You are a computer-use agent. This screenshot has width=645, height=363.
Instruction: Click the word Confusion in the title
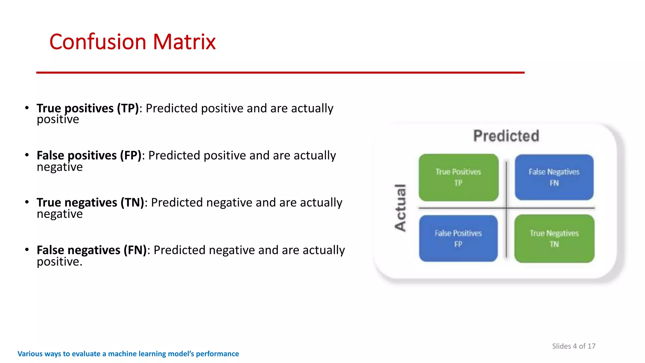point(97,42)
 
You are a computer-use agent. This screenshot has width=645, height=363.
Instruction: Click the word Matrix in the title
point(184,42)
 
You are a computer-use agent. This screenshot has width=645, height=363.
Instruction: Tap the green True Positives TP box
point(458,177)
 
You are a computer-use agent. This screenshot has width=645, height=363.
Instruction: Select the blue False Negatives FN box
point(554,177)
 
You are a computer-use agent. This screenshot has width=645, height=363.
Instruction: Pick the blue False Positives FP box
point(458,238)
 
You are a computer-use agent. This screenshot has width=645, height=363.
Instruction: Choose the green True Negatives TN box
point(554,239)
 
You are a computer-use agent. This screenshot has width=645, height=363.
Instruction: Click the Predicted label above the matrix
point(506,136)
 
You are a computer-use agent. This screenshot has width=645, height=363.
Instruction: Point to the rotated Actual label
point(400,208)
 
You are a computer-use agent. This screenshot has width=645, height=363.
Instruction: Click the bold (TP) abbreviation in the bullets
point(128,108)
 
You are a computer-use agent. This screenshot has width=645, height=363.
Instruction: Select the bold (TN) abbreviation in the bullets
point(132,203)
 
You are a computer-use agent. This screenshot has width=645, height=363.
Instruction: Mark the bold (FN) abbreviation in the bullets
point(135,250)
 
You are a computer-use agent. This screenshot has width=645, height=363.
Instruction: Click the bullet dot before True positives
point(27,108)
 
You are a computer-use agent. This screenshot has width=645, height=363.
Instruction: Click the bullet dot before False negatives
point(27,250)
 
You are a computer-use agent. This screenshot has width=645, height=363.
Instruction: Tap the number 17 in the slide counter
point(591,346)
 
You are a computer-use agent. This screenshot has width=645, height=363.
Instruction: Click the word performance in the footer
point(217,354)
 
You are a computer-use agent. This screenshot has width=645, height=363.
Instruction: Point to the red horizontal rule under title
point(280,72)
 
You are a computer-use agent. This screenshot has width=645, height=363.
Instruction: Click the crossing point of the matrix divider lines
point(506,208)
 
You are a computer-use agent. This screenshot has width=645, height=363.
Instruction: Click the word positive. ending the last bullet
point(60,262)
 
